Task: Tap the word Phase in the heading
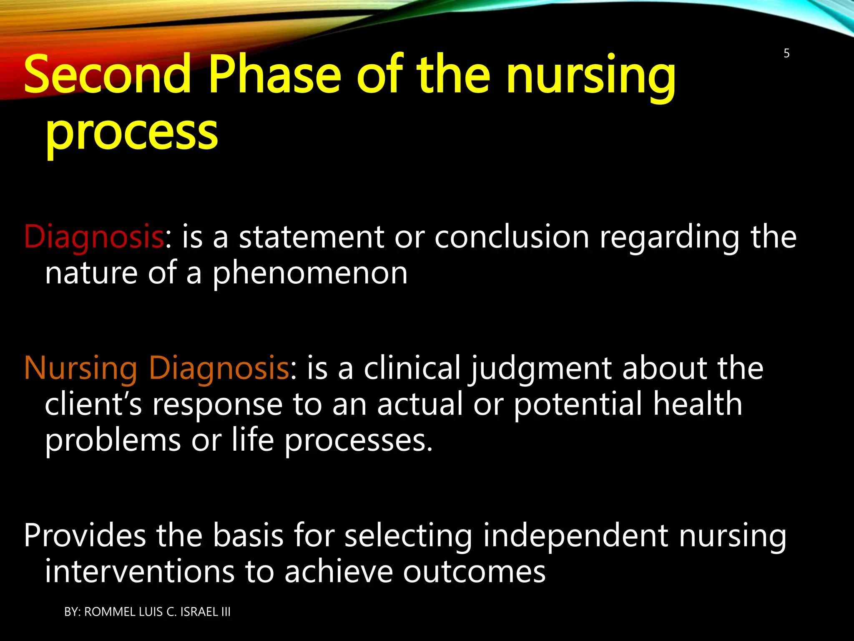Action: point(275,75)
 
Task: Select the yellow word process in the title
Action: point(131,133)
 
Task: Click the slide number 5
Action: point(786,53)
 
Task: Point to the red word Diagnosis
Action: point(94,237)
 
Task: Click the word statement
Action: point(311,237)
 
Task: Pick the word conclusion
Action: point(512,237)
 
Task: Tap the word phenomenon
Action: point(310,273)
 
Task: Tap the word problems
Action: point(113,441)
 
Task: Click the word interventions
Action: point(139,572)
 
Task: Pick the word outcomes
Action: point(474,572)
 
